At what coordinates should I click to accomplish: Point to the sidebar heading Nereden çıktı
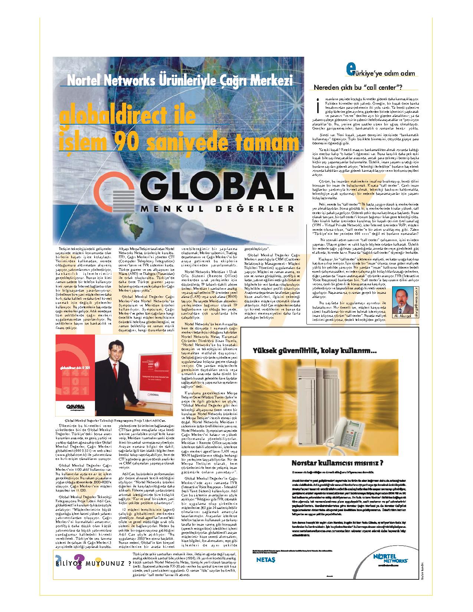(x=358, y=88)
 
